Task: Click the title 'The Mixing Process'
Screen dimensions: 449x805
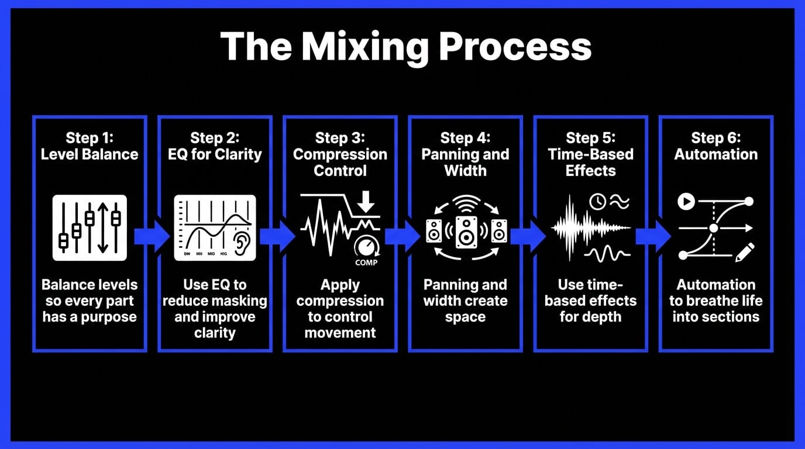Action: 405,47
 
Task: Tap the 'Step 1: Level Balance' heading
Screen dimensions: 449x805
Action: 90,146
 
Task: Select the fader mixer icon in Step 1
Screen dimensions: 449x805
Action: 90,227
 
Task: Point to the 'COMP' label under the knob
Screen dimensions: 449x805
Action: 366,263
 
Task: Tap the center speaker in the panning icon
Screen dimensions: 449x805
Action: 466,232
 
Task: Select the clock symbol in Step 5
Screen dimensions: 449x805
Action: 597,202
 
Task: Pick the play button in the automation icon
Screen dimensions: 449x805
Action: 686,202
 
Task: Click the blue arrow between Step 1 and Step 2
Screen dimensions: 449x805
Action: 151,236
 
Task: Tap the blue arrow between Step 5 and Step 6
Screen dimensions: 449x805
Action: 653,236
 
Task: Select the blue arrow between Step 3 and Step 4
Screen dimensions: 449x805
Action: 402,236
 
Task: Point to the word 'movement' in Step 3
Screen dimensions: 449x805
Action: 340,333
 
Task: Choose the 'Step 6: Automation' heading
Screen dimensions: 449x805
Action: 715,146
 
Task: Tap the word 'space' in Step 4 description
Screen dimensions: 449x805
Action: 465,317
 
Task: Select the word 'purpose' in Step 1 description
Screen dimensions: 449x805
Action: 109,317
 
